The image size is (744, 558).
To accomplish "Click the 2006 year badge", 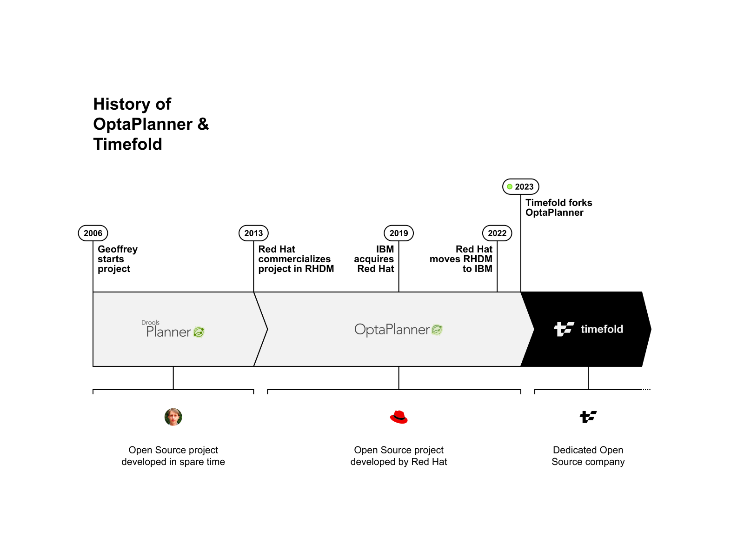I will coord(93,233).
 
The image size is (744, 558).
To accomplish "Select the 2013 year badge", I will coord(253,233).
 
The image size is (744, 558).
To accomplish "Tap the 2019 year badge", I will coord(399,233).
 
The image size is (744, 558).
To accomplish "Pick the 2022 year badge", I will coord(497,233).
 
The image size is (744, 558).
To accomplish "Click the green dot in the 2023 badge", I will coord(510,186).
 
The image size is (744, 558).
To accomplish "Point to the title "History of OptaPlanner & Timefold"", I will coord(151,124).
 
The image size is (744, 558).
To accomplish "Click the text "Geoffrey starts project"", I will coord(117,259).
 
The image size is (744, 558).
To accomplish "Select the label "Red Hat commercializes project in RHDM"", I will coord(296,259).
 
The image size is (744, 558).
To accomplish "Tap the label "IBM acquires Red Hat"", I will coord(374,259).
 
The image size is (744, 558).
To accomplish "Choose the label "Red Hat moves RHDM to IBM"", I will coord(461,259).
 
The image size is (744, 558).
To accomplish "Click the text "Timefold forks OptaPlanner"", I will coord(558,207).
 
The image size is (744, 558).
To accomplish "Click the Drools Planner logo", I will coord(173,330).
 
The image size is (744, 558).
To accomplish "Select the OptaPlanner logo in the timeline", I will coord(399,330).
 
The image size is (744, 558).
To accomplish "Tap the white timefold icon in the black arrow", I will coord(564,329).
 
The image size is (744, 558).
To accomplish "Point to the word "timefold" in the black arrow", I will coord(602,329).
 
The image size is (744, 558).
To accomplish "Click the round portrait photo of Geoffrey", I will coord(173,417).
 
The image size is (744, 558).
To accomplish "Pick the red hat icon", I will coord(399,417).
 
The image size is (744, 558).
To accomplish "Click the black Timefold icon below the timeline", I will coord(588,417).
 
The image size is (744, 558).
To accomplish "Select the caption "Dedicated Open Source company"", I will coord(588,456).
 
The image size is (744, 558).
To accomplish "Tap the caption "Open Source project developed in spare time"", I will coord(173,456).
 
